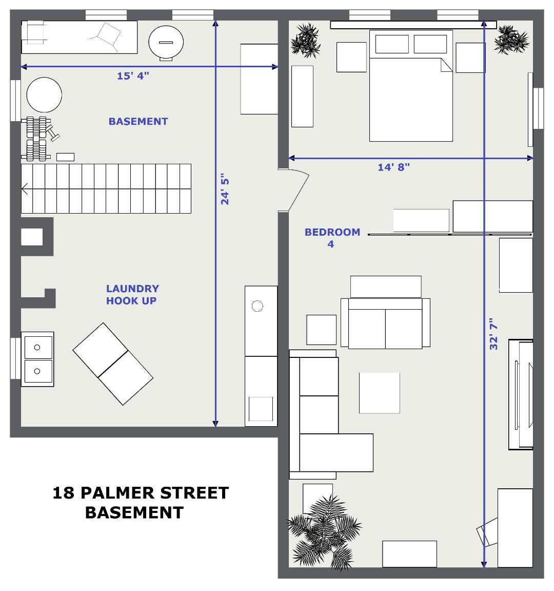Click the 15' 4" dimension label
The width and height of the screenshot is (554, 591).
[133, 76]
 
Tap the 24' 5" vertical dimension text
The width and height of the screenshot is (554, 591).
[225, 189]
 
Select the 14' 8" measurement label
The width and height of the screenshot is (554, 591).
[393, 167]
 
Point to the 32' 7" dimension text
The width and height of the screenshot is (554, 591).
[493, 334]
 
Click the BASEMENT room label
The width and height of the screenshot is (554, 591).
[138, 121]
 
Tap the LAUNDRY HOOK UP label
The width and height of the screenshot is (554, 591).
[132, 295]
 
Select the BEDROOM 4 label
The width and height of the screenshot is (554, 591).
[332, 238]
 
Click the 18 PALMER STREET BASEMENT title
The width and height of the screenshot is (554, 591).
[141, 502]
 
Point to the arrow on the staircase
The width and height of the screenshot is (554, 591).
[25, 189]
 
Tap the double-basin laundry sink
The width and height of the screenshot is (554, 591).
[37, 359]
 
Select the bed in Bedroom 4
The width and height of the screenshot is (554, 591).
[411, 86]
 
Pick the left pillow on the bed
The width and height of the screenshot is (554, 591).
[392, 44]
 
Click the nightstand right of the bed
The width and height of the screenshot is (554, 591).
[470, 58]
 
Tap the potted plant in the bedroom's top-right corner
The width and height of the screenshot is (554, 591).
[511, 40]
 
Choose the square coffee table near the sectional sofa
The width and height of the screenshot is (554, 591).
[379, 393]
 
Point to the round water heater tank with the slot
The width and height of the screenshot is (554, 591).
[166, 43]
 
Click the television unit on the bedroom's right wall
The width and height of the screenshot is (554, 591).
[521, 395]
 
